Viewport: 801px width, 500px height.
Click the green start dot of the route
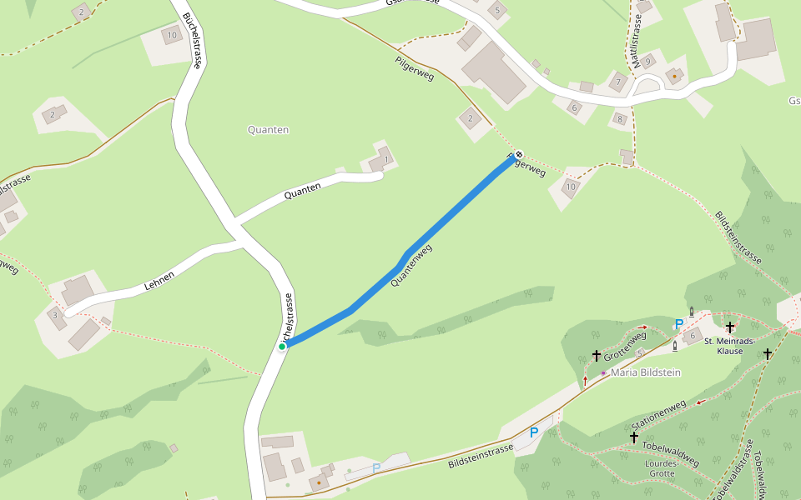(x=282, y=347)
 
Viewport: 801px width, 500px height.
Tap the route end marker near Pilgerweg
(x=518, y=154)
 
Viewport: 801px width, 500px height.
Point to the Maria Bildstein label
(x=646, y=372)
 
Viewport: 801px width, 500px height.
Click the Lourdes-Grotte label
(x=660, y=468)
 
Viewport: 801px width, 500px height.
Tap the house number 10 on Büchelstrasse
(x=172, y=35)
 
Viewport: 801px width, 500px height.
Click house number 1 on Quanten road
(x=385, y=158)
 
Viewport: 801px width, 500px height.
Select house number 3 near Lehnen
(x=55, y=315)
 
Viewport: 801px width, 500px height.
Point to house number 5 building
(x=498, y=10)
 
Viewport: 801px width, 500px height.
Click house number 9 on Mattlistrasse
(x=647, y=60)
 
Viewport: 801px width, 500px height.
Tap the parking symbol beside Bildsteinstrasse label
(x=534, y=432)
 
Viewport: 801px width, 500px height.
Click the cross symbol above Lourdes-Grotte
(x=634, y=437)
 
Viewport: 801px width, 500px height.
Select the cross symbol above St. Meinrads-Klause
(x=730, y=327)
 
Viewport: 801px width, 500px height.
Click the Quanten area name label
(x=268, y=130)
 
